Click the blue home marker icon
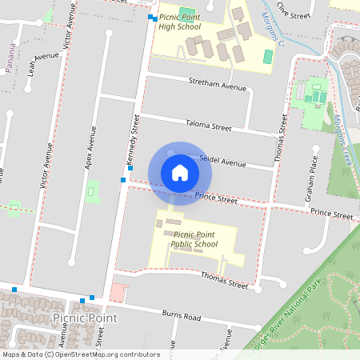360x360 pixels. pos(180,173)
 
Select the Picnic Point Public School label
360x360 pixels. pos(194,239)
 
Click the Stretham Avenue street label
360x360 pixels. pos(218,86)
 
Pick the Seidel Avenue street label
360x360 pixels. pos(222,161)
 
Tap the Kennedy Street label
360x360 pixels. pos(134,141)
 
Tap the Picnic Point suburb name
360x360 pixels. pos(85,318)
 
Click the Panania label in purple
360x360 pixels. pos(10,61)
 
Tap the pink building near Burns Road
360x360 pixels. pos(118,292)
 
